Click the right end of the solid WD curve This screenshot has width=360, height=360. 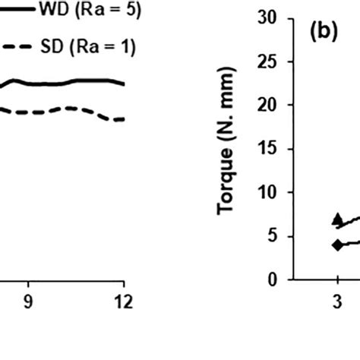124,84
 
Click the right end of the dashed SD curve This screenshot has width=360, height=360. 124,119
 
